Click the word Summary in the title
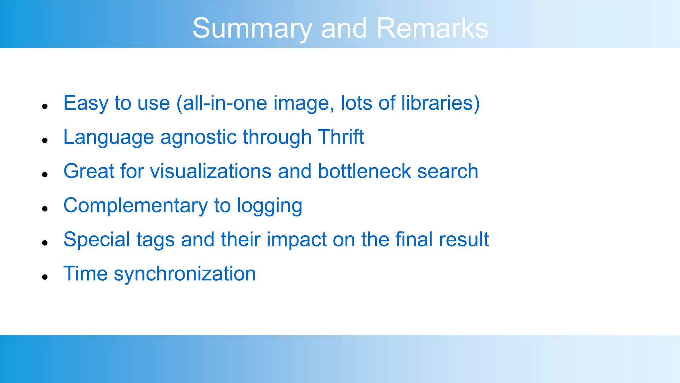(252, 29)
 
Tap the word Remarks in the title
(432, 28)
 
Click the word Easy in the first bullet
(86, 103)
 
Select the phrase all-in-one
(225, 103)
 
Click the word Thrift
(341, 137)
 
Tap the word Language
(109, 138)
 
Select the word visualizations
(211, 171)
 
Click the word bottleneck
(364, 171)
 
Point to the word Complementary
(135, 206)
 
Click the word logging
(269, 206)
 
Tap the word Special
(97, 240)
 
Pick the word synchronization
(185, 274)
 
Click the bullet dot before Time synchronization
(45, 277)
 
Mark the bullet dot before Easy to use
(45, 106)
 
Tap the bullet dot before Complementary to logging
(45, 209)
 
